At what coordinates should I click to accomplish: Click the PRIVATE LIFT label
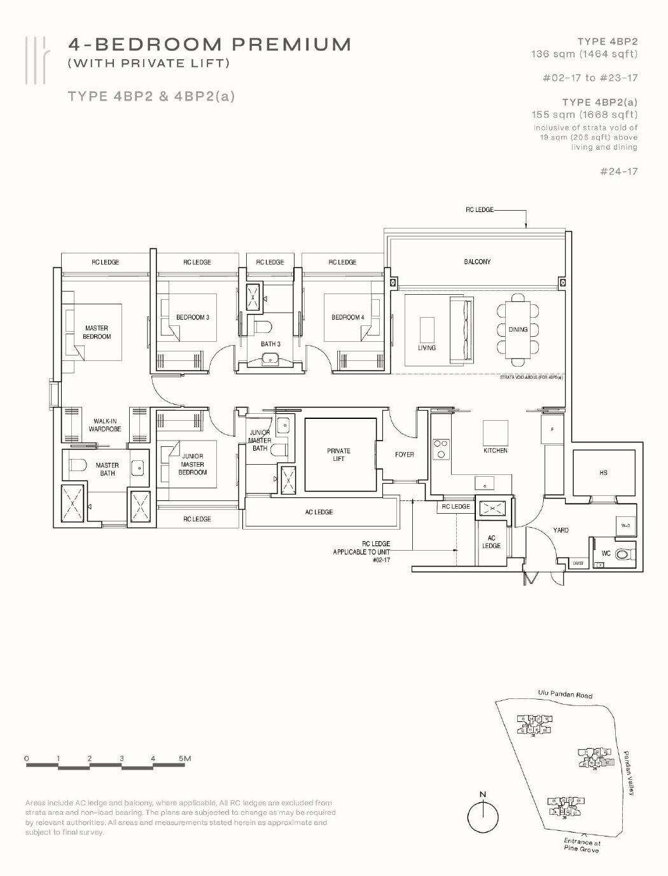pos(338,455)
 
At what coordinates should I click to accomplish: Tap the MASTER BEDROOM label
pos(97,332)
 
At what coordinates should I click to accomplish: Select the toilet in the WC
pos(623,554)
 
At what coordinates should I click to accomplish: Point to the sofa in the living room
pos(461,329)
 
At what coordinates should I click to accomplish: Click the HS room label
pos(603,472)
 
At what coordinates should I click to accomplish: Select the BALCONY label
pos(477,262)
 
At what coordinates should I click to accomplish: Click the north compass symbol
pos(483,816)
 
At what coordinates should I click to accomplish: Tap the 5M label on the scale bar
pos(184,758)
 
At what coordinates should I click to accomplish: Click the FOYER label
pos(404,455)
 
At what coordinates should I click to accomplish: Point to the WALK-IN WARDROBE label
pos(104,425)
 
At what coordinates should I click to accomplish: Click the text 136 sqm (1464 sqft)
pos(584,54)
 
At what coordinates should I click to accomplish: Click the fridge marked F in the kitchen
pos(552,430)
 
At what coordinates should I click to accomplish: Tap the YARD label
pos(560,530)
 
